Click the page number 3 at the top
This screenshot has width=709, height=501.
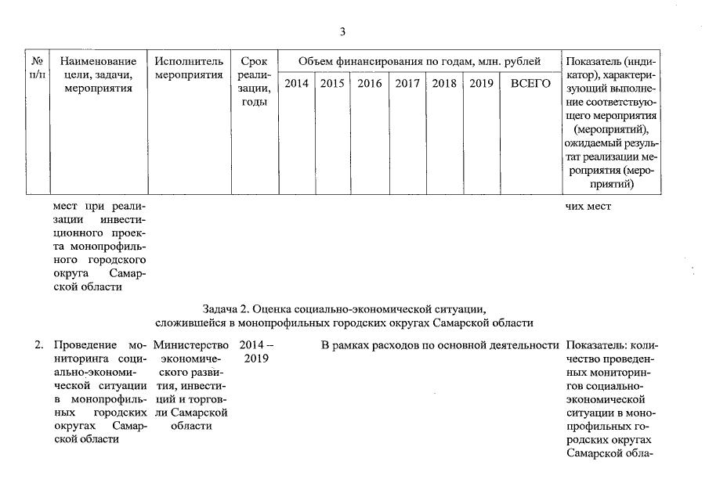pyautogui.click(x=342, y=32)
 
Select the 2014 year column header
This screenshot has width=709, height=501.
pyautogui.click(x=296, y=84)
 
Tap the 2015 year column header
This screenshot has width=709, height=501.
pyautogui.click(x=333, y=84)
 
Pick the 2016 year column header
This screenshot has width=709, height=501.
pyautogui.click(x=370, y=84)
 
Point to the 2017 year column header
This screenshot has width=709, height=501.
pyautogui.click(x=407, y=84)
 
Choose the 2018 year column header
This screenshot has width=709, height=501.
pyautogui.click(x=444, y=84)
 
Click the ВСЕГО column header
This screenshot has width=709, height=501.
pyautogui.click(x=530, y=84)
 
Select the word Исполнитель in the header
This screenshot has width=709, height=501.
pyautogui.click(x=189, y=61)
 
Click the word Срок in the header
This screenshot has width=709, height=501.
pyautogui.click(x=254, y=61)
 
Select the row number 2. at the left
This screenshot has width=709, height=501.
pyautogui.click(x=38, y=344)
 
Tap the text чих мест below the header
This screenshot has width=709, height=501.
pyautogui.click(x=588, y=206)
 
